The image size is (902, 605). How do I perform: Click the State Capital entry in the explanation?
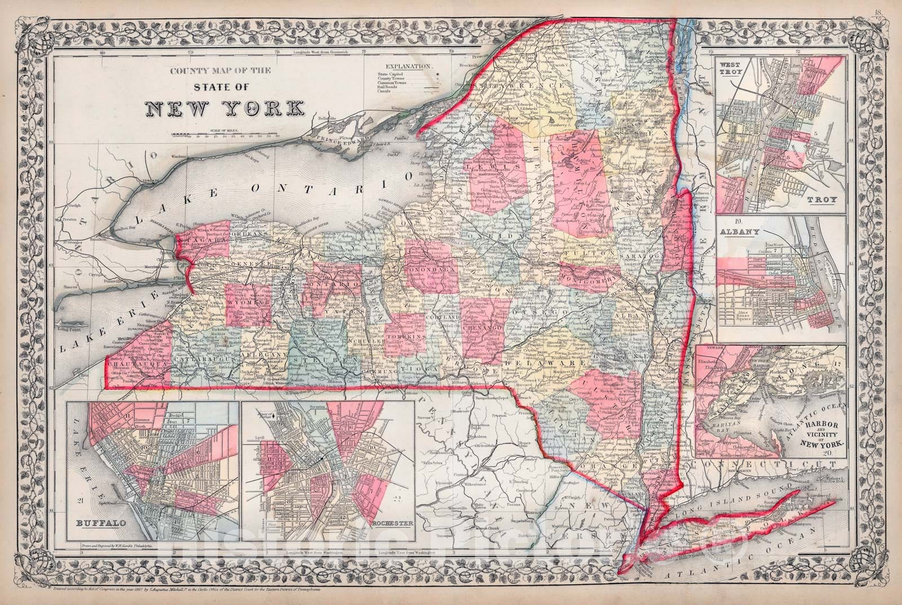[x=392, y=74]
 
